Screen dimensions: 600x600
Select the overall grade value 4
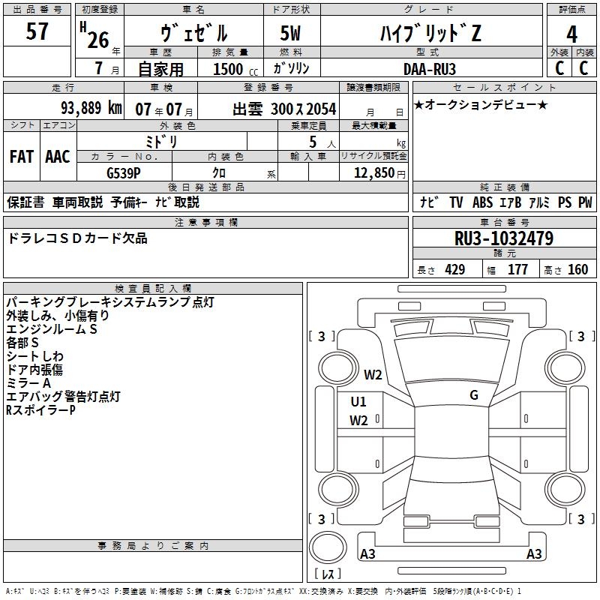571,34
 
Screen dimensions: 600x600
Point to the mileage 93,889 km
91,107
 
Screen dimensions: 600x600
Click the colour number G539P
124,172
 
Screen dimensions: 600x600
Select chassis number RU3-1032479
504,238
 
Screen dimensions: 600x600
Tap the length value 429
454,269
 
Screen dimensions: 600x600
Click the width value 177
517,269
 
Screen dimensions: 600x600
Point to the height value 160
577,269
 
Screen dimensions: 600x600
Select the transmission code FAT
21,157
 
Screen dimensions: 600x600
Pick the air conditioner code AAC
58,157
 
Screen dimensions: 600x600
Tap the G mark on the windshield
473,394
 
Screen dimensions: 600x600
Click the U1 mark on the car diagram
358,401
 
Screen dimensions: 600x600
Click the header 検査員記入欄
153,289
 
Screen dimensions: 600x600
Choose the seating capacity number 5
311,142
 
